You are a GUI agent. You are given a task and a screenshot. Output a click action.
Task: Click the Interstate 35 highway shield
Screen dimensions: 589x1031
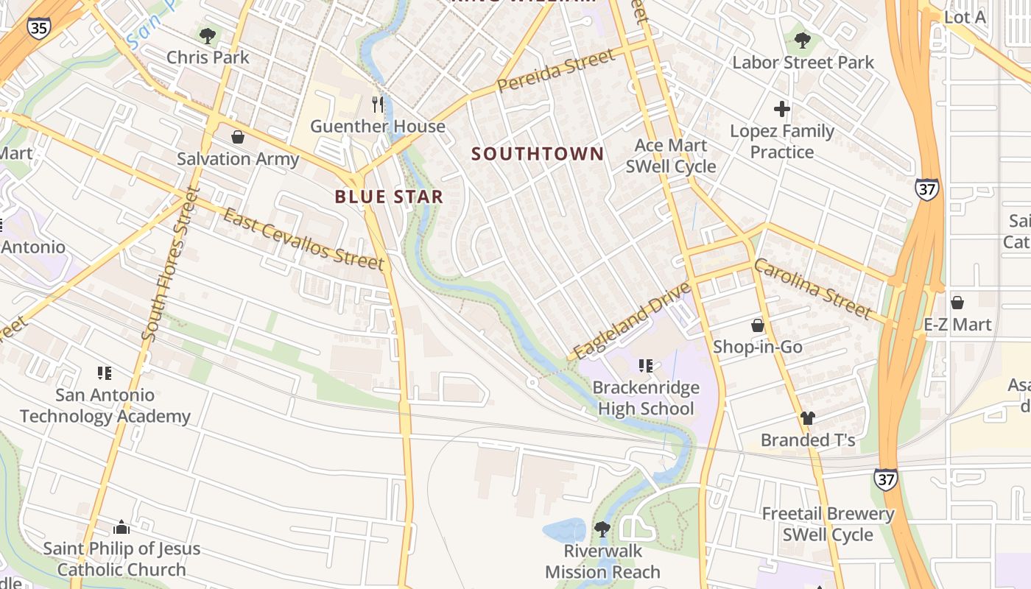(x=38, y=28)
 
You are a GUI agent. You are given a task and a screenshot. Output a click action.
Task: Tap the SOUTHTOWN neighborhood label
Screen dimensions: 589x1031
(x=538, y=154)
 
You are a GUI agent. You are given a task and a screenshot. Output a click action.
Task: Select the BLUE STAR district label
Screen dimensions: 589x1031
(x=389, y=197)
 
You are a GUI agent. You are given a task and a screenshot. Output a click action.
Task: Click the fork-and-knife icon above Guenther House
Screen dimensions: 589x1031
(x=378, y=105)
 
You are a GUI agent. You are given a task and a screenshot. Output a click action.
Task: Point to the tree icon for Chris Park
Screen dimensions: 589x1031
(x=208, y=35)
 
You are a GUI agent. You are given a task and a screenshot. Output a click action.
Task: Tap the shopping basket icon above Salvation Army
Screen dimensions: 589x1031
(x=238, y=137)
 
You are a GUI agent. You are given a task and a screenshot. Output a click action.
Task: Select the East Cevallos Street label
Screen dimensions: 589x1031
(x=303, y=239)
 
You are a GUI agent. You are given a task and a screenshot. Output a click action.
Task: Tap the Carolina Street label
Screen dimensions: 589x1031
(x=812, y=289)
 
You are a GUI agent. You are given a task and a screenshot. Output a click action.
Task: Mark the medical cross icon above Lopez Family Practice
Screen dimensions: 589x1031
(x=782, y=110)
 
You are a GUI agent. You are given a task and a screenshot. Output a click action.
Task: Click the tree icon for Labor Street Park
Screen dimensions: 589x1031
(x=803, y=40)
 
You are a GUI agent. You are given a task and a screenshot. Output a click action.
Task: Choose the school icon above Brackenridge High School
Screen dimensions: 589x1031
(x=646, y=365)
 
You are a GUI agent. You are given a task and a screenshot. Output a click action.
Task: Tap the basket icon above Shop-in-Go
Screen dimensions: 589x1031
(x=758, y=325)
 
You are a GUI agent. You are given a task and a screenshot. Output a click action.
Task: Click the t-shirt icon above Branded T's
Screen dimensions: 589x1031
(x=808, y=418)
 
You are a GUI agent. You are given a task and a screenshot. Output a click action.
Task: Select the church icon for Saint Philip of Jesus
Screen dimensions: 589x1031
(x=122, y=527)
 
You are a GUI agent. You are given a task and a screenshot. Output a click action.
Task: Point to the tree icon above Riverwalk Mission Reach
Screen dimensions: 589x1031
(x=602, y=529)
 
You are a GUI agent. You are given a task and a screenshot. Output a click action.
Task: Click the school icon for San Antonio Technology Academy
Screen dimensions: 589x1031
(x=105, y=373)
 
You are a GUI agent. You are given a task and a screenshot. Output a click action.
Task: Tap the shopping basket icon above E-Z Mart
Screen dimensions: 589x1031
(x=957, y=303)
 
